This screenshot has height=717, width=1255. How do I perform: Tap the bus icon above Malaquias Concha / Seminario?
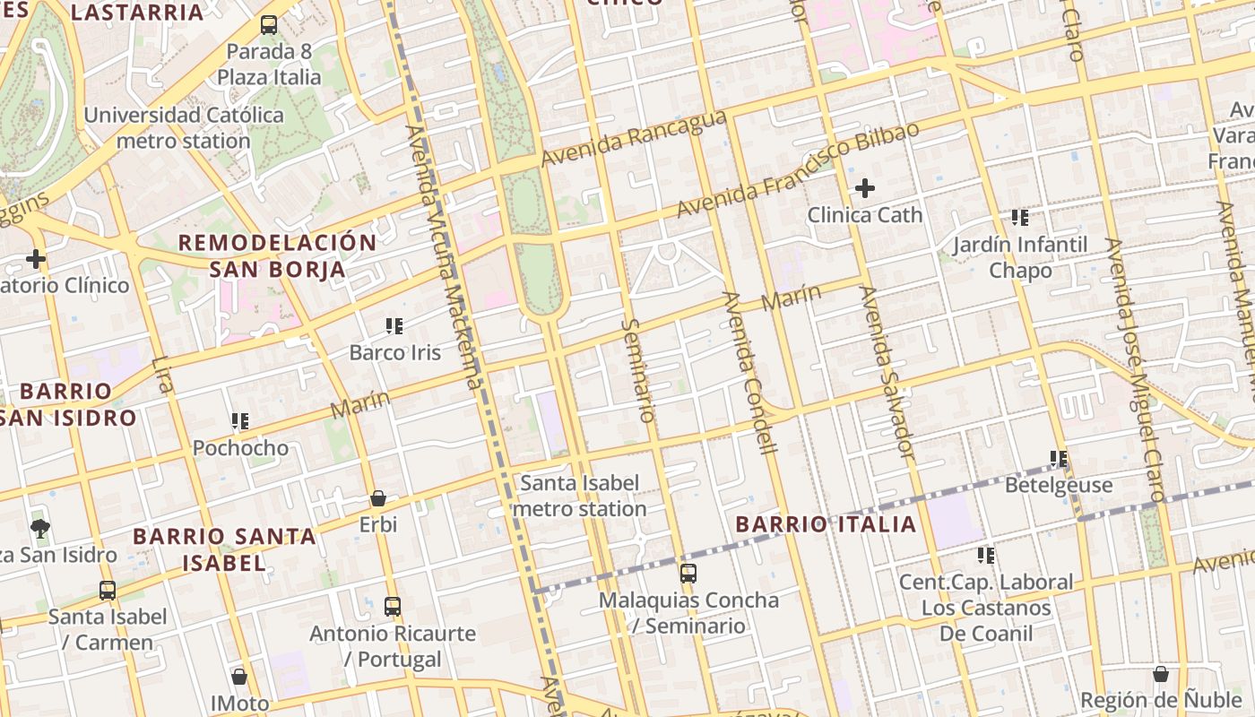[688, 574]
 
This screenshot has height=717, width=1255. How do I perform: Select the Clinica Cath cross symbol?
[864, 188]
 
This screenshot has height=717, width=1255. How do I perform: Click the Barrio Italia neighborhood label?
[826, 524]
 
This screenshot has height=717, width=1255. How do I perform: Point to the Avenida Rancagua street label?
[633, 140]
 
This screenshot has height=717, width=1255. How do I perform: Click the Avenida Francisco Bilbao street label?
[797, 170]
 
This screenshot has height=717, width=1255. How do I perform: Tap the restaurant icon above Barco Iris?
[394, 326]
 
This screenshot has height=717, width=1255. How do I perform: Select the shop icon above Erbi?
[378, 498]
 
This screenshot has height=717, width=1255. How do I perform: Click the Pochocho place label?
[240, 447]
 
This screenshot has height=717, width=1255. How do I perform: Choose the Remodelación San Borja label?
[277, 255]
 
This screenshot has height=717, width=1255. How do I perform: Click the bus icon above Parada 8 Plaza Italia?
[268, 25]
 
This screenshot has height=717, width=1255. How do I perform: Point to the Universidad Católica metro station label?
[184, 128]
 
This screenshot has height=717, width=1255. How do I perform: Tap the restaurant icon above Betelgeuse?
[1059, 459]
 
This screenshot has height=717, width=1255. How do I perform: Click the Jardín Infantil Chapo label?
[1020, 257]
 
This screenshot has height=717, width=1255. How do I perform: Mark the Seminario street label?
[637, 369]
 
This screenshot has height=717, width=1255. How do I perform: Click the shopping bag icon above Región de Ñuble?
[1161, 674]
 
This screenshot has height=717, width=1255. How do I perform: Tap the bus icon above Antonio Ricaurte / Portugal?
[392, 607]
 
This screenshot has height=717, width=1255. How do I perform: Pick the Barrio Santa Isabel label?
[224, 549]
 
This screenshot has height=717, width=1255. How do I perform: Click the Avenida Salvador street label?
[887, 372]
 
